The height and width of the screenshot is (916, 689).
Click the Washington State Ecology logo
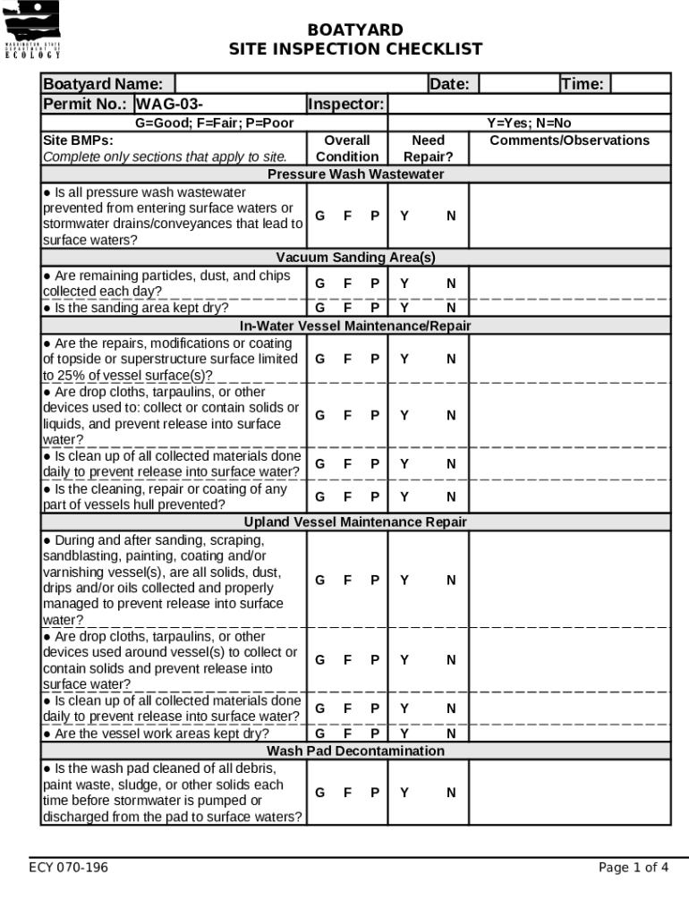tap(33, 30)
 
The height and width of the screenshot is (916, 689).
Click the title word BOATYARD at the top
tap(355, 30)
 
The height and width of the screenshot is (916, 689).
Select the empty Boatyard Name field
tap(295, 84)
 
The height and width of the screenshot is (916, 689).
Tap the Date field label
tap(449, 84)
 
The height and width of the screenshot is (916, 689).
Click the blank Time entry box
tap(641, 84)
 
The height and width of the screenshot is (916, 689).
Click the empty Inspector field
tap(528, 104)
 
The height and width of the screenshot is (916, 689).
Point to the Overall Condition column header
tap(347, 148)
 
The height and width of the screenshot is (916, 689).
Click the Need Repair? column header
tap(428, 148)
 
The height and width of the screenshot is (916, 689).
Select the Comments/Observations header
tap(570, 140)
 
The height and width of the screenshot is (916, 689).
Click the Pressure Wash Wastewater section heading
tap(355, 174)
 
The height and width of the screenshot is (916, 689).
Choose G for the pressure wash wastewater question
tap(319, 216)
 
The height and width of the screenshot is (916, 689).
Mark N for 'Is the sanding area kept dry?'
tap(451, 308)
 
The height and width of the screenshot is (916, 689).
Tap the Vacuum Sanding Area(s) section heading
tap(355, 258)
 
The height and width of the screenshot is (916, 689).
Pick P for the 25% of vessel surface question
tap(375, 359)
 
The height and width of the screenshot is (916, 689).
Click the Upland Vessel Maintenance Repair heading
tap(355, 522)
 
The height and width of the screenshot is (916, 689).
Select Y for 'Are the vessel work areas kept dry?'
tap(404, 734)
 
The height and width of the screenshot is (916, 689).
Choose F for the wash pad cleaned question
tap(347, 793)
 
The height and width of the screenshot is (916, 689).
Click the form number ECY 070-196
tap(68, 868)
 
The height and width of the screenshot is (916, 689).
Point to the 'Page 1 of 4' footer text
tap(634, 868)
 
